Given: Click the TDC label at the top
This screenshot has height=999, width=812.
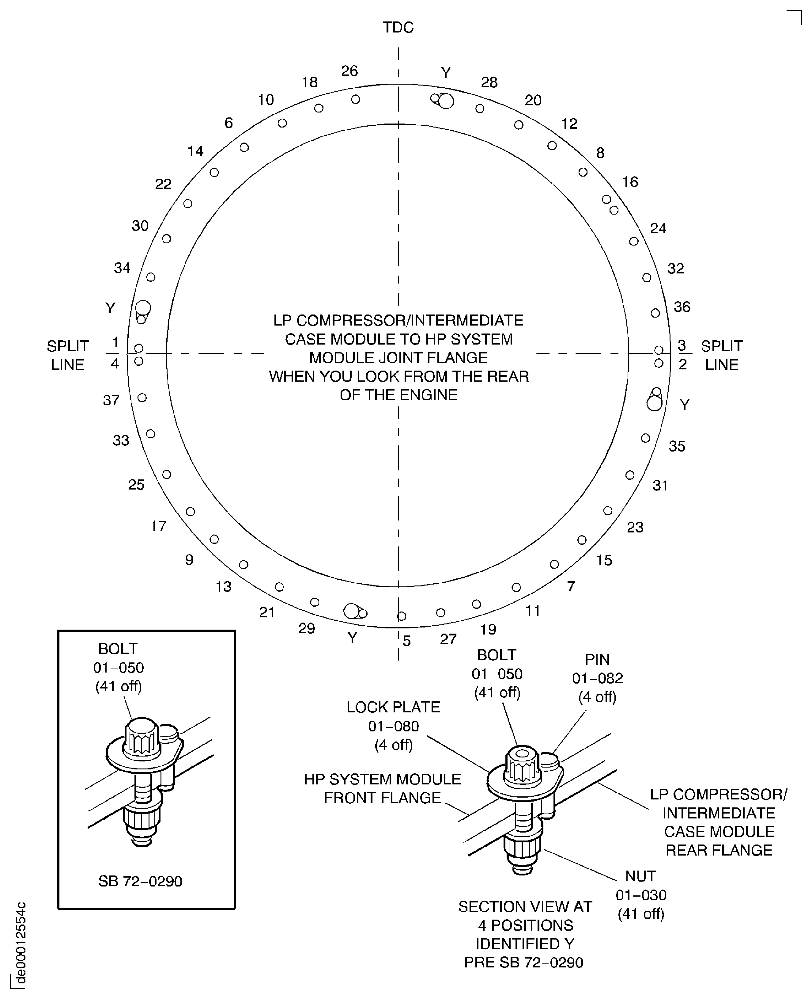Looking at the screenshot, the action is click(398, 28).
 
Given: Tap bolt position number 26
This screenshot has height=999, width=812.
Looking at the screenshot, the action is click(349, 71).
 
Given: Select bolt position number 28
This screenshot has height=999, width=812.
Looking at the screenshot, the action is click(489, 82).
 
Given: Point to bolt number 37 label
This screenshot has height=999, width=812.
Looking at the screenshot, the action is click(111, 400).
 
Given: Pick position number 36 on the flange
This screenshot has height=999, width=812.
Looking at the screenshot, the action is click(682, 307).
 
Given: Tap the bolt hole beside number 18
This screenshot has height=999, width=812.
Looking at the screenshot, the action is click(319, 108).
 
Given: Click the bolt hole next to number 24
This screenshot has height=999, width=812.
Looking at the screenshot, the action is click(634, 241).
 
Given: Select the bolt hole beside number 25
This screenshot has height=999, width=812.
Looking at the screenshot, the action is click(167, 474).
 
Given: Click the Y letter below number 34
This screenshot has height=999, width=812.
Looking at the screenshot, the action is click(110, 308).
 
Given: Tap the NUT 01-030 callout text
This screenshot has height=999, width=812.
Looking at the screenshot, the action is click(641, 894).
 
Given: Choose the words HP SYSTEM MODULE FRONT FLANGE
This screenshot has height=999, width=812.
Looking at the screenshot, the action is click(382, 788).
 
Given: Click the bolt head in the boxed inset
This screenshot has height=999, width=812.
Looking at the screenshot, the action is click(142, 738).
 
